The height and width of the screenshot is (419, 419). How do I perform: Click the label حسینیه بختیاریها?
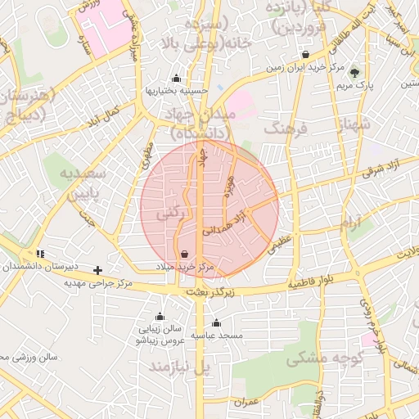(177, 90)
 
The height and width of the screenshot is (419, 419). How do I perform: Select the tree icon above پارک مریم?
(354, 73)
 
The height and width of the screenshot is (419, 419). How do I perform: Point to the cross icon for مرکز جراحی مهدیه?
(98, 269)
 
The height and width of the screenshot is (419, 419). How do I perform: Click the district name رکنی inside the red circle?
(170, 213)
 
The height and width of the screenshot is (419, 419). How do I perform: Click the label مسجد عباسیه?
(217, 335)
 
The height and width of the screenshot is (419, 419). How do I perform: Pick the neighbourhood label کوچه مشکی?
(319, 359)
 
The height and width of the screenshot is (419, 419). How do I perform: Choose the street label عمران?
(245, 402)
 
